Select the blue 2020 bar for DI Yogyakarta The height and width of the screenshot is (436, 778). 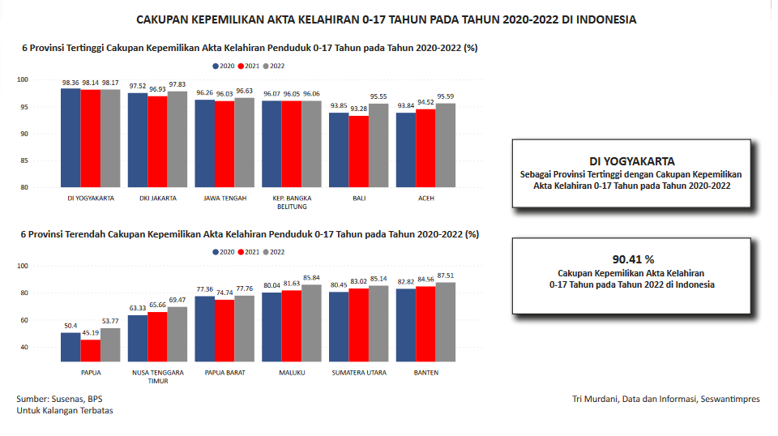[71, 138]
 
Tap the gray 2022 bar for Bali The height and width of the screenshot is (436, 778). [378, 146]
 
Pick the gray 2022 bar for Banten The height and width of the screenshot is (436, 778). [445, 320]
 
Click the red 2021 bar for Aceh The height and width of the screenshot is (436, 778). [425, 148]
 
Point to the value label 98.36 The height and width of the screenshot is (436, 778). [71, 83]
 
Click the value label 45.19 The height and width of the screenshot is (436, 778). [91, 333]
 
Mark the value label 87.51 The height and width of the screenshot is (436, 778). [445, 276]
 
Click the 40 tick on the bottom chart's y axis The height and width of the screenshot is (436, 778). [24, 347]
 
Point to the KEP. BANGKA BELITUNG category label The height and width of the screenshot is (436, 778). [292, 202]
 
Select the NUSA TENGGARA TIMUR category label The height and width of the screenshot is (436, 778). [158, 376]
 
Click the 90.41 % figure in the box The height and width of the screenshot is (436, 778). [632, 259]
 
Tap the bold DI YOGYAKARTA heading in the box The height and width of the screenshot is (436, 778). [632, 161]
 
